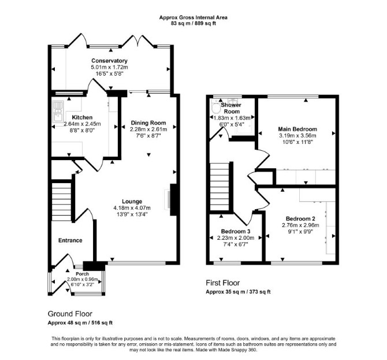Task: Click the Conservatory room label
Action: tap(109, 61)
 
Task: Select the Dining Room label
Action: tap(148, 123)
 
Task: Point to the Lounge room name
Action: tap(132, 202)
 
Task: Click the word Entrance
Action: tap(70, 240)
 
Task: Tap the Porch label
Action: tap(83, 274)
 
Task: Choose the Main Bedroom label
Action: tap(297, 129)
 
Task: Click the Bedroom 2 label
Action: tap(300, 218)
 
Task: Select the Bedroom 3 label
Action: tap(236, 231)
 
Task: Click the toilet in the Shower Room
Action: tap(217, 106)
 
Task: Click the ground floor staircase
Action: tap(61, 202)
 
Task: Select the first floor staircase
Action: tap(219, 187)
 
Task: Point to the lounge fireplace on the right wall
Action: tap(173, 199)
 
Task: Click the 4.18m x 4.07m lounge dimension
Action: tap(132, 208)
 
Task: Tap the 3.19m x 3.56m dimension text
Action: tap(297, 136)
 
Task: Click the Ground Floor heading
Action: tap(70, 314)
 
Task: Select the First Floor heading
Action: tap(223, 283)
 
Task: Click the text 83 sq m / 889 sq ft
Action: tap(193, 24)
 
